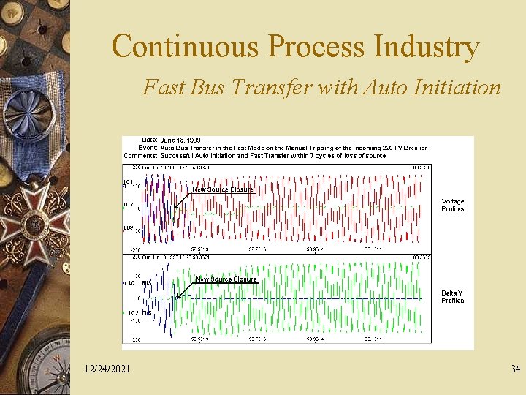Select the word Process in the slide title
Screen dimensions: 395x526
pyautogui.click(x=316, y=47)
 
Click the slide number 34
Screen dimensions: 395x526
pyautogui.click(x=515, y=369)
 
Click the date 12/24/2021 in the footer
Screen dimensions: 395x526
pyautogui.click(x=107, y=369)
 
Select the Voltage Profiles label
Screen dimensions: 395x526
pyautogui.click(x=452, y=205)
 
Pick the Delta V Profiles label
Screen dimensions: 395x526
pyautogui.click(x=452, y=296)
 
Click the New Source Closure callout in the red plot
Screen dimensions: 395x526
pyautogui.click(x=223, y=189)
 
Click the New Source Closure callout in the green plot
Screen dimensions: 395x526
pyautogui.click(x=226, y=279)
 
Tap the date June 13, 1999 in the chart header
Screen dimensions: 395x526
pyautogui.click(x=180, y=140)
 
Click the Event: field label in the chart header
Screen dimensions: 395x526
pyautogui.click(x=148, y=148)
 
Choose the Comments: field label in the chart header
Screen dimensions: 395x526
pyautogui.click(x=142, y=156)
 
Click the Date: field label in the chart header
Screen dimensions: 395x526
pyautogui.click(x=150, y=140)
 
